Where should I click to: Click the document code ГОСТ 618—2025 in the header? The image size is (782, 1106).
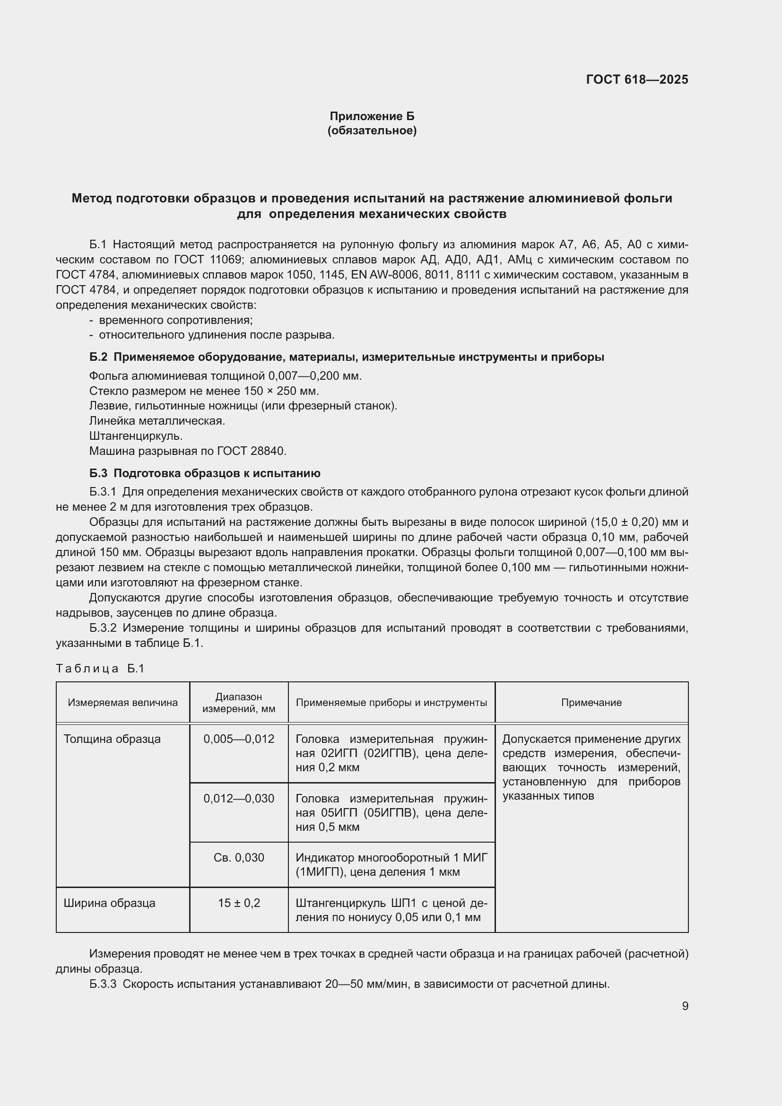coord(636,79)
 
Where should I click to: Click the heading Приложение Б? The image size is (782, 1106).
coord(372,116)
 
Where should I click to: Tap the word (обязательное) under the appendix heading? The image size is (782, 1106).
coord(372,131)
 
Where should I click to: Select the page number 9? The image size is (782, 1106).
coord(685,1006)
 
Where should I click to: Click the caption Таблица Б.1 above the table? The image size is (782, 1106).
coord(100,669)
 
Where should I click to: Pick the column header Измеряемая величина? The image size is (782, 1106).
coord(123,702)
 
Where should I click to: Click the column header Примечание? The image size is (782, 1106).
coord(591,702)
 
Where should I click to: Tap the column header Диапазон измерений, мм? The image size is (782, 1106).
coord(239,702)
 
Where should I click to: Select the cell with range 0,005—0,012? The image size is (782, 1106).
coord(239,739)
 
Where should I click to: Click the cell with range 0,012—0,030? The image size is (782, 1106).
coord(239,798)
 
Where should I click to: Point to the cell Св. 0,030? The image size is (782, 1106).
coord(239,857)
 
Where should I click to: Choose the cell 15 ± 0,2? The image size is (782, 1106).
coord(239,903)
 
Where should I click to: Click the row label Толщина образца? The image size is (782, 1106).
coord(112,739)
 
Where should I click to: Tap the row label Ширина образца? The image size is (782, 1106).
coord(109,903)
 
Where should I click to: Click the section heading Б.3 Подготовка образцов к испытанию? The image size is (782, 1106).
coord(205,473)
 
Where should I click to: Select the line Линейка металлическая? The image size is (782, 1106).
coord(157,420)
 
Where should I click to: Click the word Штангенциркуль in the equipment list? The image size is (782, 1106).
coord(136,436)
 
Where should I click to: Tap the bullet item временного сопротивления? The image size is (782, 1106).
coord(176,320)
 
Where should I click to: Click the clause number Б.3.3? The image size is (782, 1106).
coord(103,984)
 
